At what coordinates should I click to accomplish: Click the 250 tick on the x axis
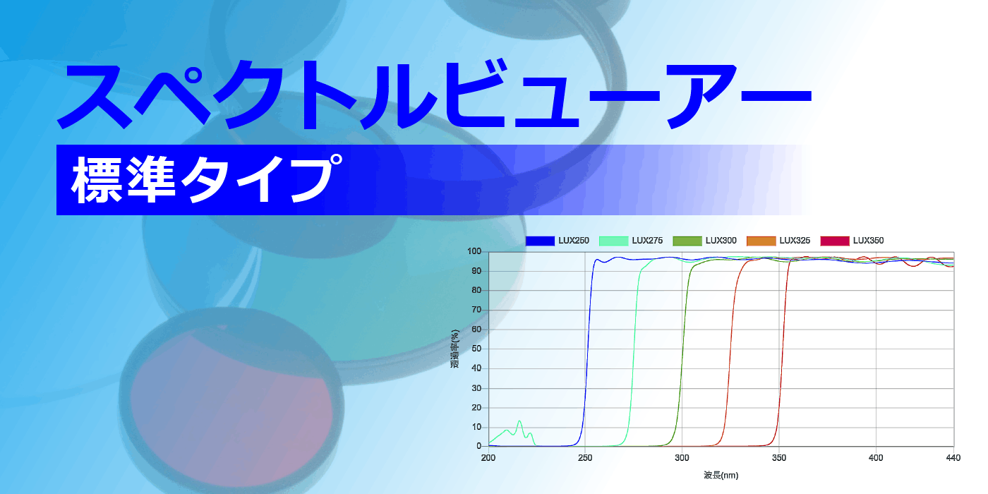click(584, 458)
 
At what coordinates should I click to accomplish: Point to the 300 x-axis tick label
click(682, 458)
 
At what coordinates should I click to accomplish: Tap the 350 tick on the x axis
click(778, 458)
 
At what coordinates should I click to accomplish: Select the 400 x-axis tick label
click(876, 458)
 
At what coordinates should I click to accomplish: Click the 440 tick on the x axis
click(953, 458)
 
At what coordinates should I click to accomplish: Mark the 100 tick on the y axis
click(474, 251)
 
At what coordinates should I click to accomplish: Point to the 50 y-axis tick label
click(476, 349)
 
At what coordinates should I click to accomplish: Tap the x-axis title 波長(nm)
click(721, 475)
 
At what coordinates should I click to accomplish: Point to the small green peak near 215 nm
click(519, 422)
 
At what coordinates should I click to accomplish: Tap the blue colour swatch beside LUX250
click(540, 241)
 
